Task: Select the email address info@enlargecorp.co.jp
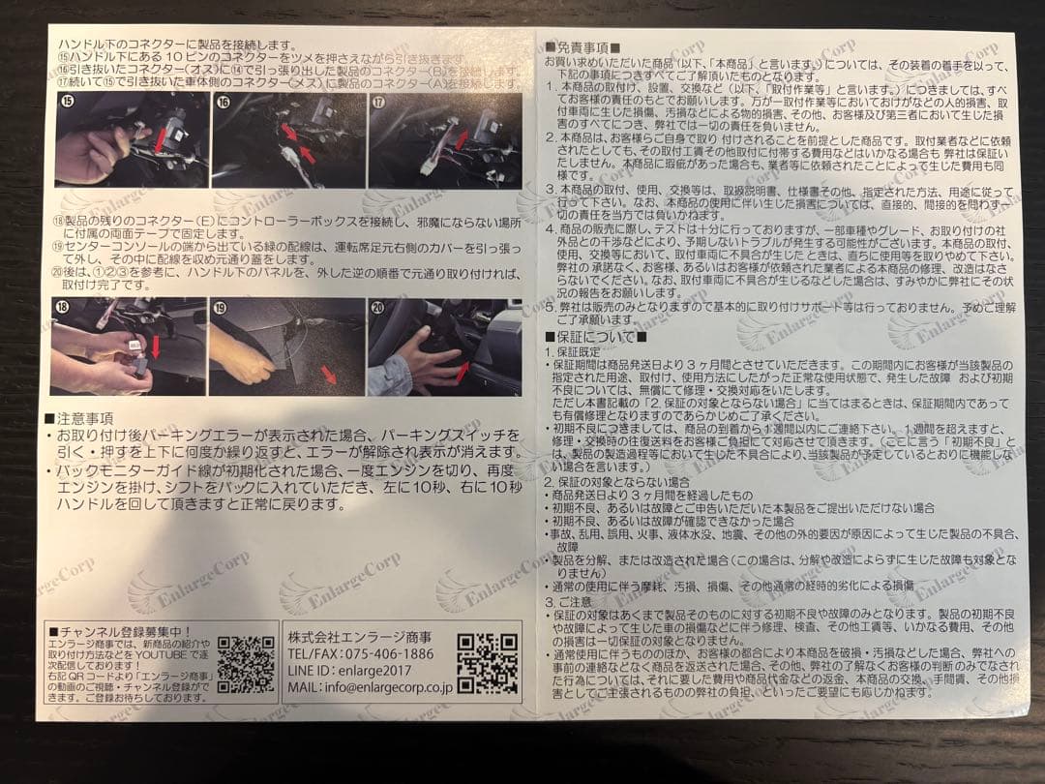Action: tap(370, 687)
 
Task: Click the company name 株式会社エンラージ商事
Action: tap(359, 635)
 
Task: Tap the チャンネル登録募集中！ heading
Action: tap(121, 631)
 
